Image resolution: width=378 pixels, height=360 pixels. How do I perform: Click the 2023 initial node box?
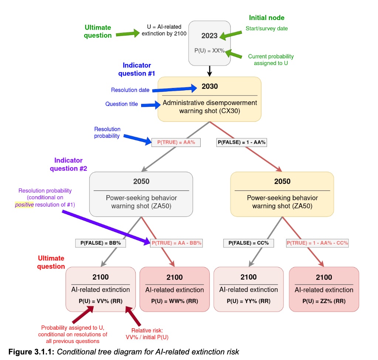coord(210,44)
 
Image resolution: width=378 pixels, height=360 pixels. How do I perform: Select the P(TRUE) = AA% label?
coord(176,142)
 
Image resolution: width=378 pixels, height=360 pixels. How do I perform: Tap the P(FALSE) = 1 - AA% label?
coord(241,142)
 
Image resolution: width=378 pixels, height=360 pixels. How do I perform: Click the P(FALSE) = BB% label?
coord(100,243)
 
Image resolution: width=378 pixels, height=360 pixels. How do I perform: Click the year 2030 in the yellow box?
coord(210,86)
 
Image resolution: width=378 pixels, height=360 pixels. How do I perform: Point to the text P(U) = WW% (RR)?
coord(174,301)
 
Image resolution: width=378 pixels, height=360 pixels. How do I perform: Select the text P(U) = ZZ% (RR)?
coord(324,301)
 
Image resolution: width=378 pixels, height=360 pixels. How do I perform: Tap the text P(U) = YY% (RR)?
coord(248,301)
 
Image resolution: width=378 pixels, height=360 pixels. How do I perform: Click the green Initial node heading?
coord(266,17)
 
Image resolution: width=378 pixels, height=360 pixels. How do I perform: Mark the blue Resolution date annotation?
coord(130,90)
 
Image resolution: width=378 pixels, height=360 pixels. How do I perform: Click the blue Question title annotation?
coord(122,104)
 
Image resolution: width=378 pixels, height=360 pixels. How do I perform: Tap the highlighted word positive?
coord(24,205)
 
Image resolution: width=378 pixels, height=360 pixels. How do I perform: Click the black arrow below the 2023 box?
coord(210,71)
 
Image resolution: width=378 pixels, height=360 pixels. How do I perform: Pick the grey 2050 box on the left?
coord(141,194)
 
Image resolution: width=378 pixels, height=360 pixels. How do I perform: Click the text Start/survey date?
coord(266,28)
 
